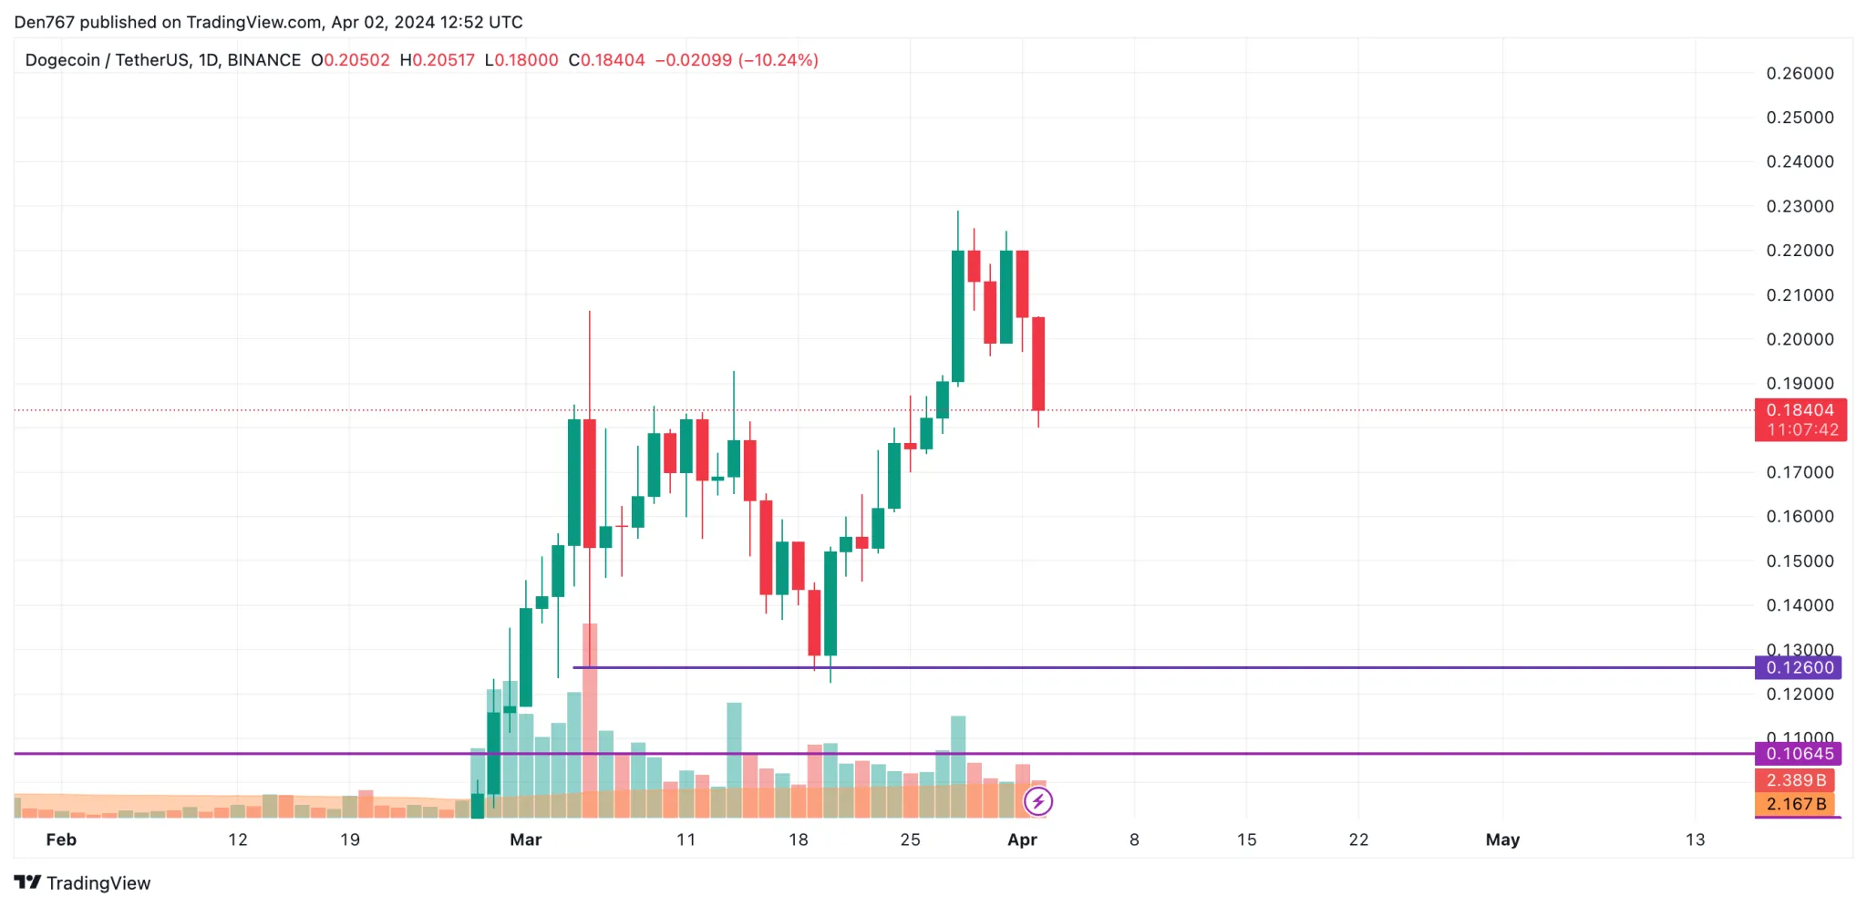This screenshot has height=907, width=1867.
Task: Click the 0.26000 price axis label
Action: (x=1800, y=74)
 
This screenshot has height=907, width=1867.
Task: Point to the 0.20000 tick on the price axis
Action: (x=1800, y=339)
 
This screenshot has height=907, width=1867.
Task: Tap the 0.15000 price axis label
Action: (x=1800, y=561)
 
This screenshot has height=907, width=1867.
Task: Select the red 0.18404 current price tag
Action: (x=1800, y=410)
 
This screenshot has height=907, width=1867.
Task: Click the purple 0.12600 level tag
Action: (x=1800, y=667)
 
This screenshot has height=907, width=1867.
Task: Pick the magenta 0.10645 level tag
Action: (x=1800, y=754)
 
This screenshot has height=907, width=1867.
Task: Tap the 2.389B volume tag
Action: (x=1795, y=780)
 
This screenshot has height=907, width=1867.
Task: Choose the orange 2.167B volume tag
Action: (x=1795, y=804)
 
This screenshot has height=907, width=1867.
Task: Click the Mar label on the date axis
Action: (x=526, y=840)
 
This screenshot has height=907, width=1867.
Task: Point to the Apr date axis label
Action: (x=1022, y=840)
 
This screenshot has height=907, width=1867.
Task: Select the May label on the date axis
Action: (x=1502, y=840)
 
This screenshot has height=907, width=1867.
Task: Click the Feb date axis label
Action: (x=61, y=840)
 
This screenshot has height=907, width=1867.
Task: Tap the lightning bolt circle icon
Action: (x=1038, y=801)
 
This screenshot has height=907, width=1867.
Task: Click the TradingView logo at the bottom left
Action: (x=82, y=882)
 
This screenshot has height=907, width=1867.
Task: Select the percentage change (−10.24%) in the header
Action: (x=779, y=60)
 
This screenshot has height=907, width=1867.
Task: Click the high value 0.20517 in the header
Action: (x=443, y=60)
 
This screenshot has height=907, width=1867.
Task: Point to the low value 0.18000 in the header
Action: (x=527, y=60)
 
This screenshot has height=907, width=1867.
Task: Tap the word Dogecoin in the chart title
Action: (x=62, y=60)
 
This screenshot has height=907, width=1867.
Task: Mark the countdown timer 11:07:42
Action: (x=1802, y=429)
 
